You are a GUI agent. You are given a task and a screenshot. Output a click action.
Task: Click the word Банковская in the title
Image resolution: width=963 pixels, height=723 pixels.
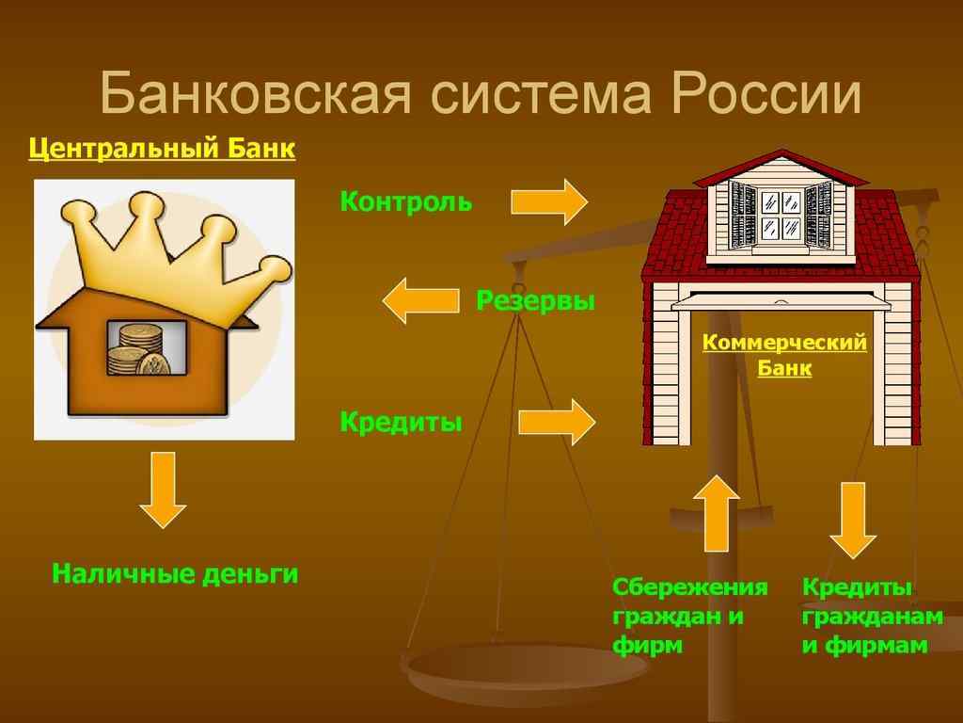252,96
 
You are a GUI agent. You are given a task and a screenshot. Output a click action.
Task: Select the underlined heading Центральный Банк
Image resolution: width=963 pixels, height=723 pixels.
162,148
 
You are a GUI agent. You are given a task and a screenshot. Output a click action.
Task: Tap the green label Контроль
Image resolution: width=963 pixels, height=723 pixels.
405,201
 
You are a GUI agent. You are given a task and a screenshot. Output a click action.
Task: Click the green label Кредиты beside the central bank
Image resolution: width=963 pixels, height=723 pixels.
401,422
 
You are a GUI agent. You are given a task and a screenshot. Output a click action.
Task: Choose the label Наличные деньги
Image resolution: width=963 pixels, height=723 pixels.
175,573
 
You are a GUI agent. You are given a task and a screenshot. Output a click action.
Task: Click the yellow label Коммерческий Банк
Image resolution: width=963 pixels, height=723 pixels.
784,356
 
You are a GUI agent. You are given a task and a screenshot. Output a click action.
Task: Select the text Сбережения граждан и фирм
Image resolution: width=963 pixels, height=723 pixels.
689,617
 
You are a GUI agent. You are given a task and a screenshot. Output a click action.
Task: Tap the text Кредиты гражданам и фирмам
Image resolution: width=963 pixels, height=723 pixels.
872,617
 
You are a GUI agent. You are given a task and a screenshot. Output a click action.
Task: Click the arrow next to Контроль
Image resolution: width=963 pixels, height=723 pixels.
549,201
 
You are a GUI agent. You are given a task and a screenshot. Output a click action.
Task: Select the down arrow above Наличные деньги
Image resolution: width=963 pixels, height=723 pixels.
164,489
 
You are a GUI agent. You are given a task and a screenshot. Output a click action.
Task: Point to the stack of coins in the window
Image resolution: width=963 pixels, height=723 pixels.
137,348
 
